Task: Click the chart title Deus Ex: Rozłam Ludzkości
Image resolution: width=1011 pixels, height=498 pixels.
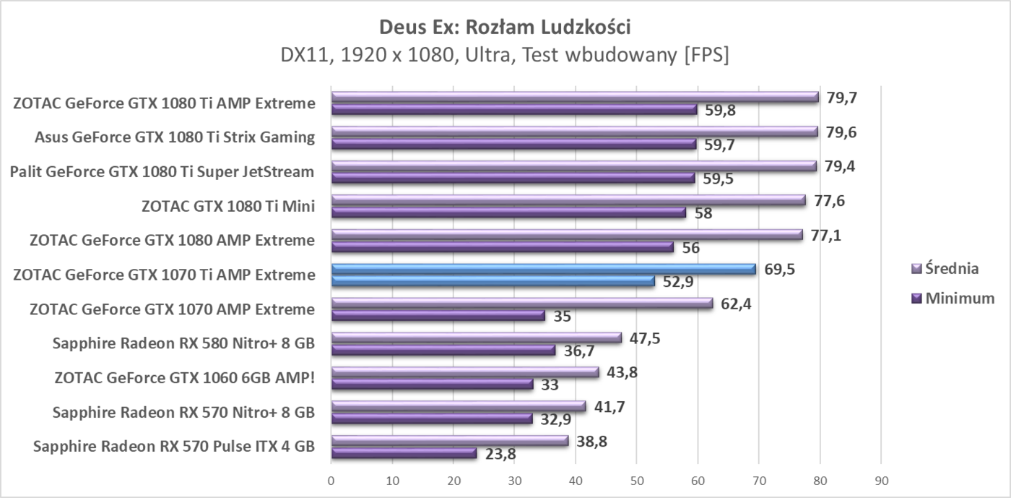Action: (505, 27)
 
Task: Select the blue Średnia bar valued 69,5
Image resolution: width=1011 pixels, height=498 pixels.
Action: (543, 269)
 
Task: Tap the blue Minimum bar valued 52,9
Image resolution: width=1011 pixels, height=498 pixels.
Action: (493, 281)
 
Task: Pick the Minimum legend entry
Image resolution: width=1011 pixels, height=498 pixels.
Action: (958, 298)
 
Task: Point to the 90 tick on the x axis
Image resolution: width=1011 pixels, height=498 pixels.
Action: (880, 480)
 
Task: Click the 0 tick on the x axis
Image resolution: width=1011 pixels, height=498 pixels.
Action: (331, 480)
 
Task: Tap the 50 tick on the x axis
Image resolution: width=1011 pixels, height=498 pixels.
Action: (636, 480)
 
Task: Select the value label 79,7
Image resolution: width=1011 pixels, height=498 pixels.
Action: (841, 98)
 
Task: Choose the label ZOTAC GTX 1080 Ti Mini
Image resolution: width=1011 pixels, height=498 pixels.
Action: (228, 206)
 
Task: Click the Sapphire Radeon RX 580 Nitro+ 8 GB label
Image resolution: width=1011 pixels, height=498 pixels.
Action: (183, 343)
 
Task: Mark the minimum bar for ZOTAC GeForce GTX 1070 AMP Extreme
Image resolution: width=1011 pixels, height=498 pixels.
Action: (438, 315)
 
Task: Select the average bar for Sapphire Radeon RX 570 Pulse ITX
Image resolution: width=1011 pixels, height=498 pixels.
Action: (449, 440)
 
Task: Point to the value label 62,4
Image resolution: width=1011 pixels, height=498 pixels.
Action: (736, 304)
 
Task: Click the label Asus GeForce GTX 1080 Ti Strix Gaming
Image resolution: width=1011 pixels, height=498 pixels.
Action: (175, 137)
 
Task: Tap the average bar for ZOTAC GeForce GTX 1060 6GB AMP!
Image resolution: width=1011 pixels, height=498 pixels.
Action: (464, 372)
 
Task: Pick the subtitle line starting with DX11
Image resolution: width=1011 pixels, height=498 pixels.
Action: (505, 56)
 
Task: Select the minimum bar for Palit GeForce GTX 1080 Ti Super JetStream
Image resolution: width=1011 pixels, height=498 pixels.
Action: (512, 178)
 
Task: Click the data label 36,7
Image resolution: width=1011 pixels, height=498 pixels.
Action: (578, 351)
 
